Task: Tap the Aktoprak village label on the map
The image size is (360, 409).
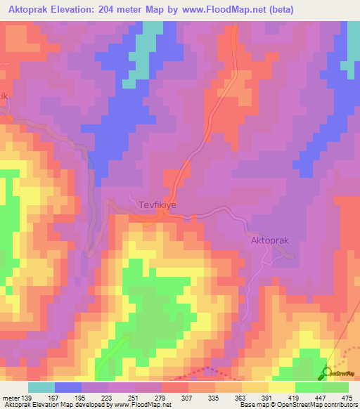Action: point(270,240)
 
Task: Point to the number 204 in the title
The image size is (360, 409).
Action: point(120,10)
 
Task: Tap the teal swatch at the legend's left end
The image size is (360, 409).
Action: point(41,388)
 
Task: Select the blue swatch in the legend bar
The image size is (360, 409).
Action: point(68,388)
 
